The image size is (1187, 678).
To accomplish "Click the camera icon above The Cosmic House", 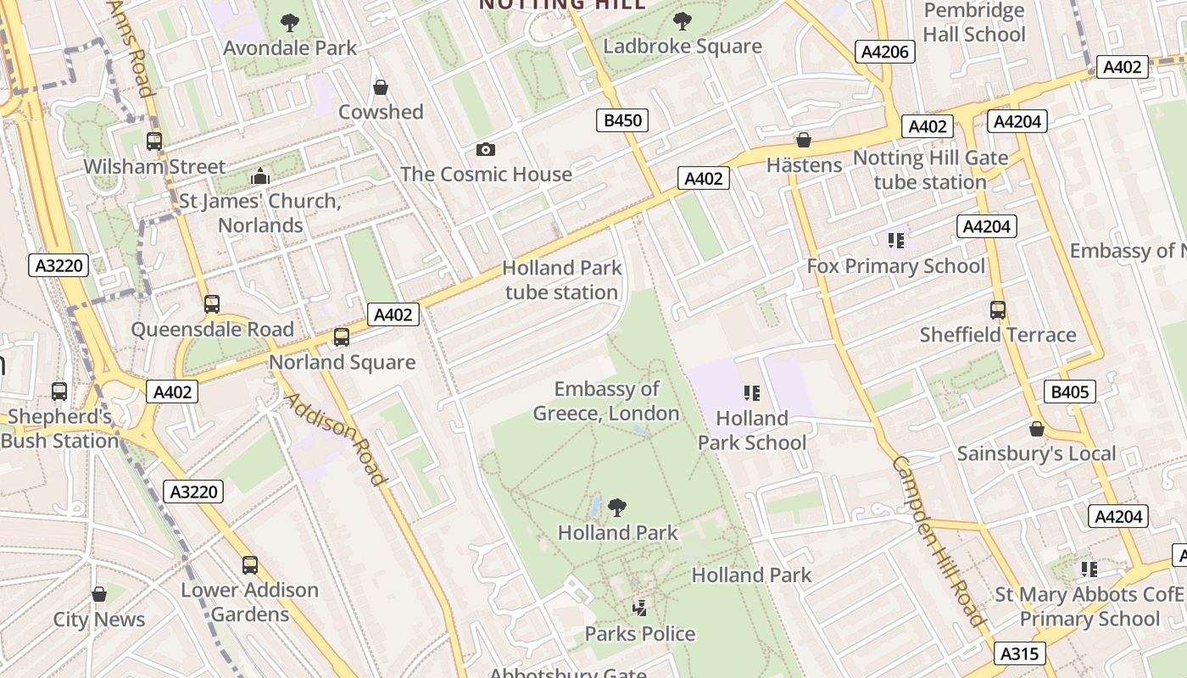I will [485, 150].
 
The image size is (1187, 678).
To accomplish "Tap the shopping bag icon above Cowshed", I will [381, 87].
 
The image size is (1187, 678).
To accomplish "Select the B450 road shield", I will [621, 120].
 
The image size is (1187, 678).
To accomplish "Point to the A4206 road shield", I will [884, 52].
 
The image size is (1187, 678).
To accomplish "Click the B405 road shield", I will [1068, 392].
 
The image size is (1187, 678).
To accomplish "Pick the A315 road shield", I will [1018, 653].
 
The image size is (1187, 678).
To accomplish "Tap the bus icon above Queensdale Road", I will [211, 304].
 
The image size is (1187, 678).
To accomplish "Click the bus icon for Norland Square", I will [342, 337].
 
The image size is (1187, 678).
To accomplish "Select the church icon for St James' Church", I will [260, 176].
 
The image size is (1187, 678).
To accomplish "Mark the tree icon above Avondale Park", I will [290, 22].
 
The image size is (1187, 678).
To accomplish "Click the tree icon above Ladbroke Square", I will [682, 21].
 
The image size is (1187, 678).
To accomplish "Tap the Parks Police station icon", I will [640, 608].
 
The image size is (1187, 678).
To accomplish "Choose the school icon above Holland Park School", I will [751, 393].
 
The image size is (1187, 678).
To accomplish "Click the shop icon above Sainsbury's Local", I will [1036, 429].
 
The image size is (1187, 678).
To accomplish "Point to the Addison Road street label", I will [335, 439].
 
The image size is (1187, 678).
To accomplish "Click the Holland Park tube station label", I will [561, 280].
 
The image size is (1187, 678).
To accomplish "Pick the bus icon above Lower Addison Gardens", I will [249, 565].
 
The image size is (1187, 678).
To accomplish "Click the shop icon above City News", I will [99, 594].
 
